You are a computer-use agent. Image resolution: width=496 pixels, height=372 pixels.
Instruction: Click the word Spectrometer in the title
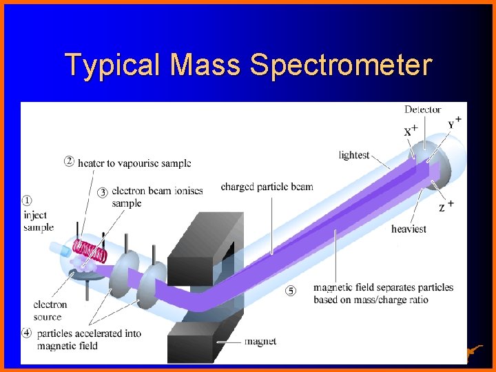341,66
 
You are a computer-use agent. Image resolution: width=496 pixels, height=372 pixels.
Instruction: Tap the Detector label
423,110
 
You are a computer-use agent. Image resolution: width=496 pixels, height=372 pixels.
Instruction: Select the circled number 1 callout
27,200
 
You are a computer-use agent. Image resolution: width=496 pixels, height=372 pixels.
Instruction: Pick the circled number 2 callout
69,163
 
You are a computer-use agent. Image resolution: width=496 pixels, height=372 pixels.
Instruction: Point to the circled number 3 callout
103,192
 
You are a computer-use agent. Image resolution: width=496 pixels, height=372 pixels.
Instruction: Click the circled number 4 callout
27,333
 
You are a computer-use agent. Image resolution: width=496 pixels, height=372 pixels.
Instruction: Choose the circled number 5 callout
291,290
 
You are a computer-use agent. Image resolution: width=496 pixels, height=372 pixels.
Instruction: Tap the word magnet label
260,341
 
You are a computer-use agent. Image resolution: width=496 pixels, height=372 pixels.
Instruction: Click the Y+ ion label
455,123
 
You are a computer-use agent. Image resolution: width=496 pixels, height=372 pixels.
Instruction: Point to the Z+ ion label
446,205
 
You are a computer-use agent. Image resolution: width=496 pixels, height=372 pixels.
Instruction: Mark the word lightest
354,156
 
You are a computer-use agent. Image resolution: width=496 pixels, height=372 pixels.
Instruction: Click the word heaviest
409,229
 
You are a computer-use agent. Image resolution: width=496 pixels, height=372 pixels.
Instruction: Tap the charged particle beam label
267,187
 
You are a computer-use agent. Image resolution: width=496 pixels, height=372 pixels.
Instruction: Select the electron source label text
50,311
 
